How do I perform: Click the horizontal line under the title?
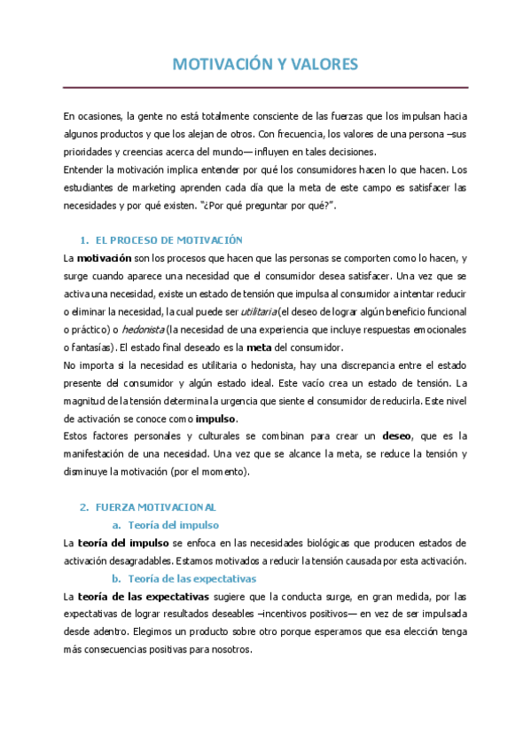pyautogui.click(x=265, y=87)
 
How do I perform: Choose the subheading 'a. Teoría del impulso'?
pyautogui.click(x=174, y=524)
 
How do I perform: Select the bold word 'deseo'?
pyautogui.click(x=397, y=435)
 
